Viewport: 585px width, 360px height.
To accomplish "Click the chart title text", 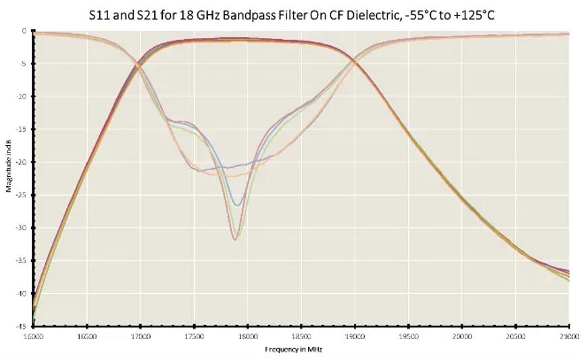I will coord(292,14).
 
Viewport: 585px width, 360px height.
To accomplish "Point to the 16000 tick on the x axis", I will coord(32,335).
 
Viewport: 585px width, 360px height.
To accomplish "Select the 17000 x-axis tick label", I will coord(141,335).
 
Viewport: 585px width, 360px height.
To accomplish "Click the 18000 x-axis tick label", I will coord(248,335).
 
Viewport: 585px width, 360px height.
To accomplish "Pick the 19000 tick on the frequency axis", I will coord(355,335).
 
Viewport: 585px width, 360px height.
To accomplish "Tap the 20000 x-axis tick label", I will coord(462,335).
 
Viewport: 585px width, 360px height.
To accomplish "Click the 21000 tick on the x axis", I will coord(569,335).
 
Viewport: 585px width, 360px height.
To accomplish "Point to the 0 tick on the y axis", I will coord(24,31).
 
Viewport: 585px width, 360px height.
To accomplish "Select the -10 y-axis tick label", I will coord(22,97).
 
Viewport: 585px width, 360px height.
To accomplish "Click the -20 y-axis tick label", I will coord(22,162).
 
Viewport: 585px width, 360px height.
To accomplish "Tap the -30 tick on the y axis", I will coord(22,228).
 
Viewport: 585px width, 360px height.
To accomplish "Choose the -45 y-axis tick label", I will coord(22,326).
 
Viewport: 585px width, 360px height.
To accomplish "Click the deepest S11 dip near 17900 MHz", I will coord(234,240).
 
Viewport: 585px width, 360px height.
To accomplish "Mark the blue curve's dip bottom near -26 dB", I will coord(236,205).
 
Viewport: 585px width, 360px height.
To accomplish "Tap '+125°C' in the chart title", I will coord(470,14).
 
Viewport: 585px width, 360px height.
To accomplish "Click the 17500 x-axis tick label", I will coord(194,335).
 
